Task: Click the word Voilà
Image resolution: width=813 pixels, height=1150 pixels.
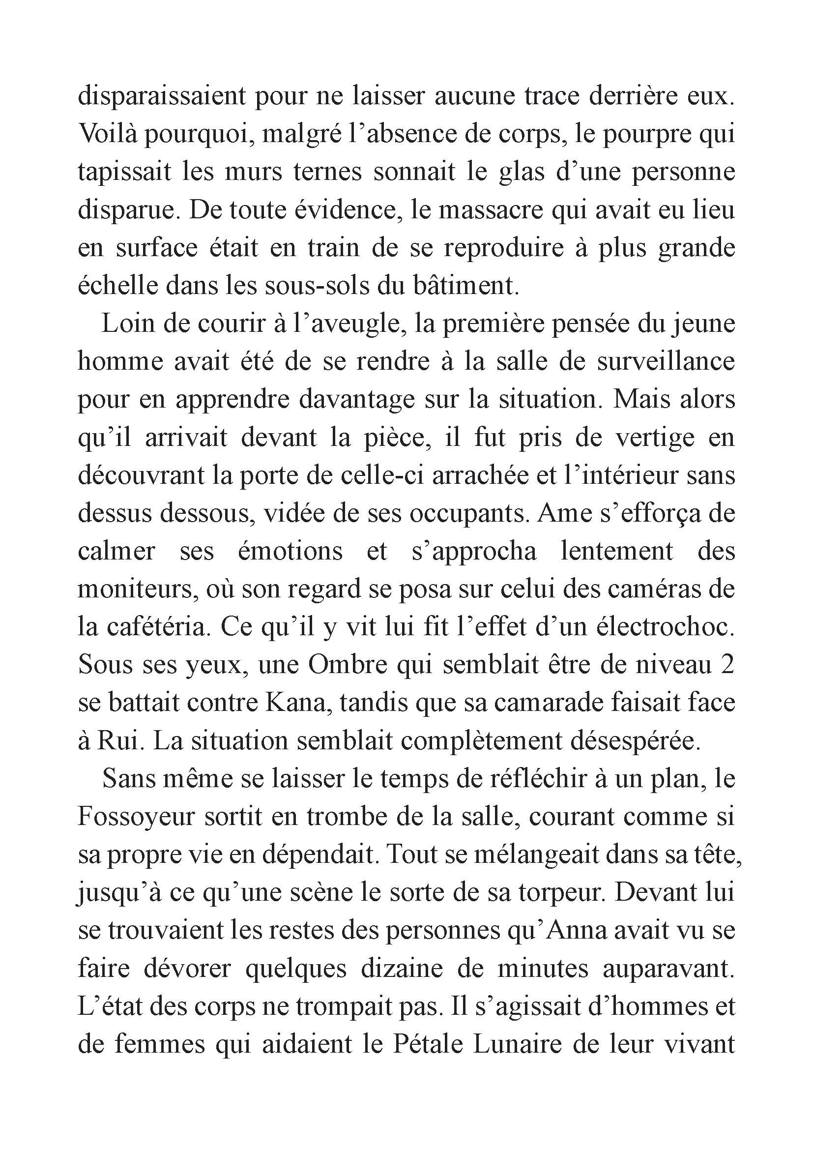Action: pyautogui.click(x=108, y=134)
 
